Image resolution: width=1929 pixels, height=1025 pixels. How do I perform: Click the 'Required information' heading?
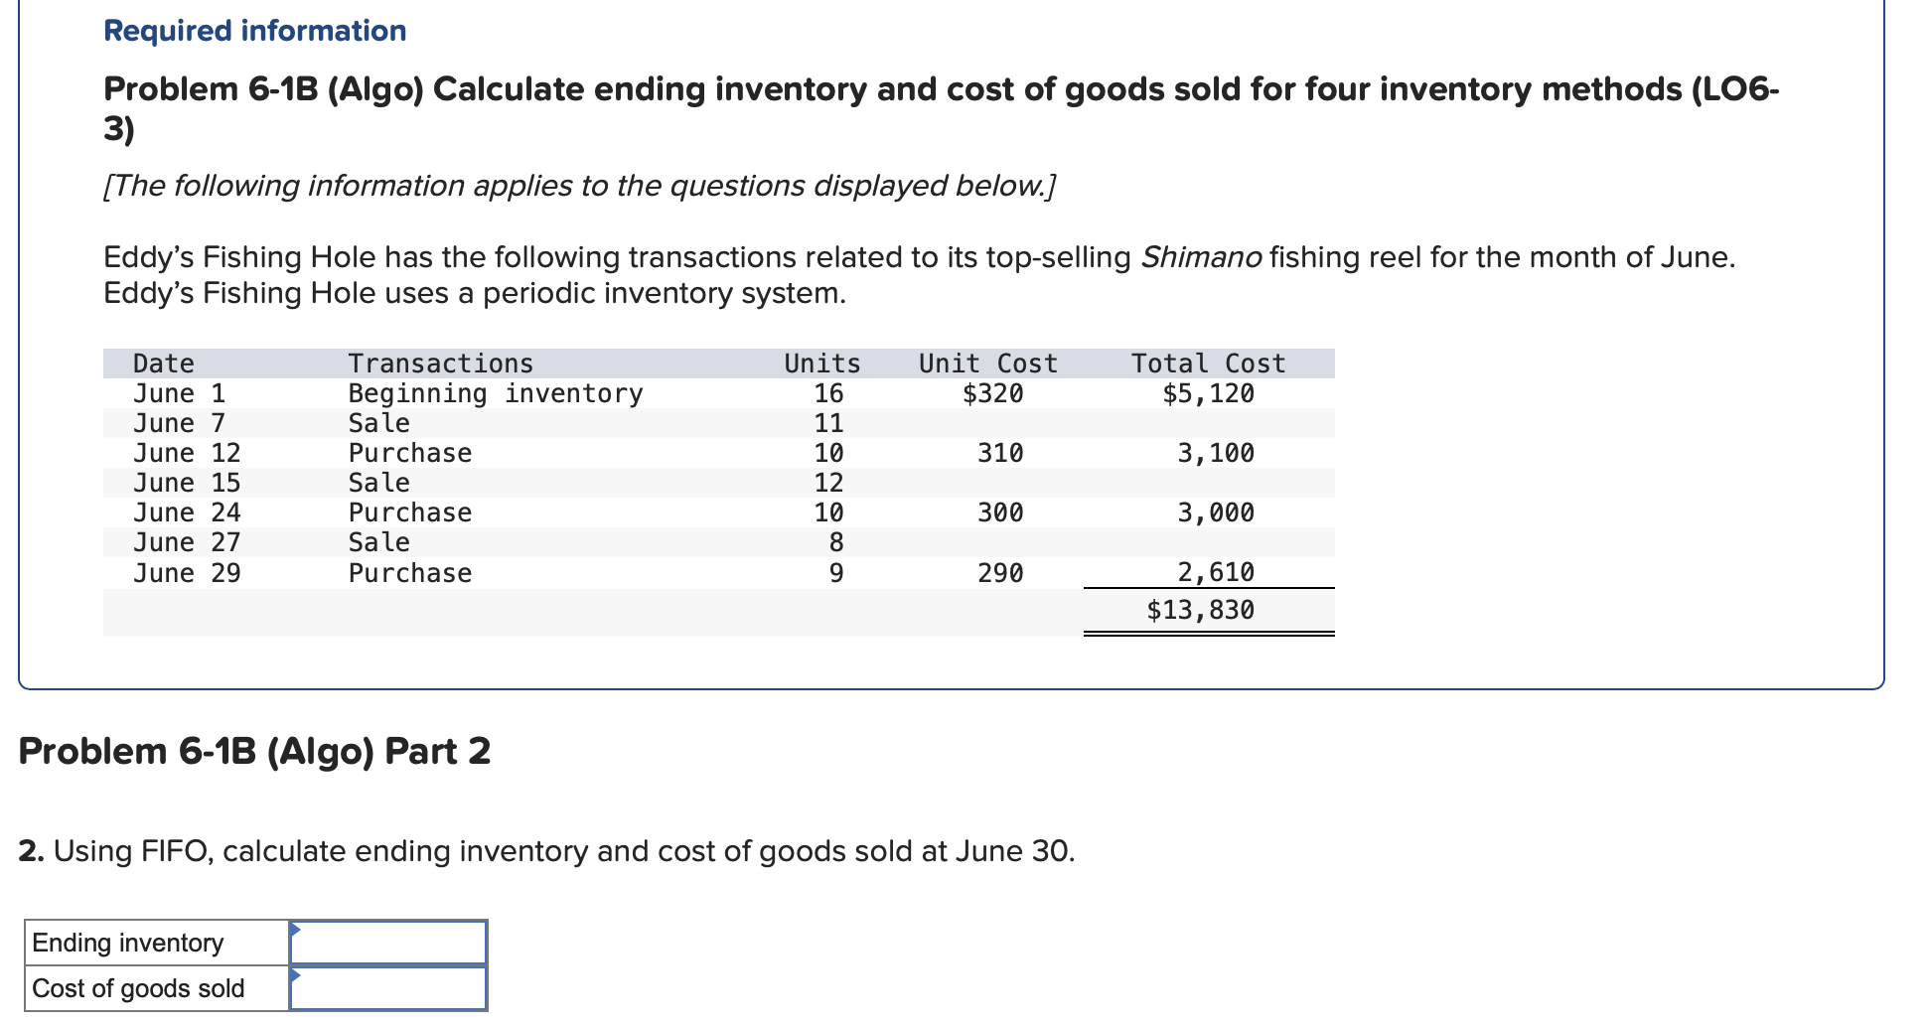254,31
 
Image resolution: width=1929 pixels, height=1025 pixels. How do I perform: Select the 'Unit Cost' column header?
987,364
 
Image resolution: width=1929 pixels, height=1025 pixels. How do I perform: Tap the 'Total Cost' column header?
1208,364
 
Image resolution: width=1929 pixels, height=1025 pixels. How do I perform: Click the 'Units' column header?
821,364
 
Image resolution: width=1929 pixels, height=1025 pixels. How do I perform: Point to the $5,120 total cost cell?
1208,393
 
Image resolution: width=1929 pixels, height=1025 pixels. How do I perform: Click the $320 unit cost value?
992,393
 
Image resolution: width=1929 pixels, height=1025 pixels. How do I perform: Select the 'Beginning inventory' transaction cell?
495,393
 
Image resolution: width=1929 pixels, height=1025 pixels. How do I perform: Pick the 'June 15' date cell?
187,483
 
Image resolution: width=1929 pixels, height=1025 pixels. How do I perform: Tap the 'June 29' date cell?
187,573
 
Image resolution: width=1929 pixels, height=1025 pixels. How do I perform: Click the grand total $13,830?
1200,610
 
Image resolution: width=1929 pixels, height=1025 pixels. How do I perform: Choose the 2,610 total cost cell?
1215,572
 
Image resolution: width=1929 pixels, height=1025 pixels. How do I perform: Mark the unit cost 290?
999,573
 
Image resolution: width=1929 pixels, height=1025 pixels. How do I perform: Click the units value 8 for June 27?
835,542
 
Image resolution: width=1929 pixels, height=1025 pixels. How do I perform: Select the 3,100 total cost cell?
1215,453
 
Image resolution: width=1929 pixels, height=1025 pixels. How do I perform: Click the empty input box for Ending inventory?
388,943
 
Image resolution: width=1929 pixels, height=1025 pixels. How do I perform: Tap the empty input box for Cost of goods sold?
388,988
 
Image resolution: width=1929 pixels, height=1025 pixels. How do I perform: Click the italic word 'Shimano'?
1201,257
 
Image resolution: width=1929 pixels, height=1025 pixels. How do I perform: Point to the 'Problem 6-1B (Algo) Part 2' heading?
254,751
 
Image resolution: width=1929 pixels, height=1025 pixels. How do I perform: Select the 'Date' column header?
163,364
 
